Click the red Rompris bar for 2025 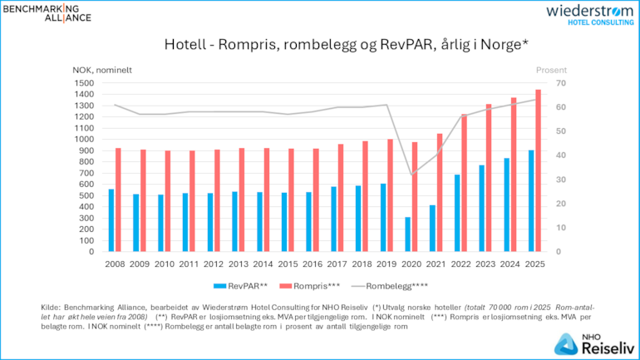[x=538, y=170]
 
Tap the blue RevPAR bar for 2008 [x=111, y=220]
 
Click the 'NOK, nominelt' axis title [x=103, y=69]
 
